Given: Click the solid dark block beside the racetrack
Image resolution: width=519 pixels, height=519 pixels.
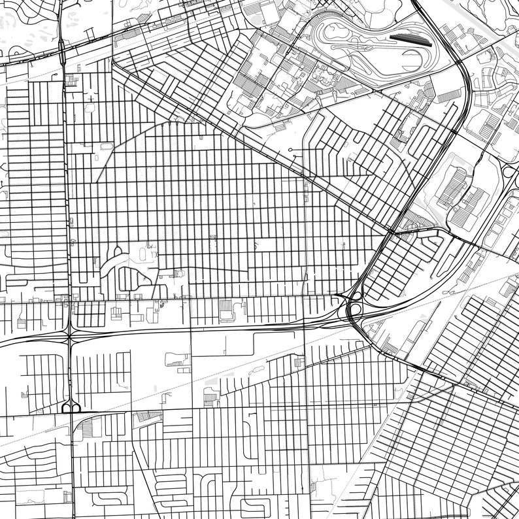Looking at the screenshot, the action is click(411, 40).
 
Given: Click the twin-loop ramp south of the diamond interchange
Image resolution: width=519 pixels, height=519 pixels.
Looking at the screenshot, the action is click(71, 408).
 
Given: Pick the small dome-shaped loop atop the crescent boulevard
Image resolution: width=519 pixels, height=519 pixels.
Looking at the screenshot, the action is click(118, 250).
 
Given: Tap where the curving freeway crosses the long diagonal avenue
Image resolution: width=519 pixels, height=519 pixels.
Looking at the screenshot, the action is click(392, 231).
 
